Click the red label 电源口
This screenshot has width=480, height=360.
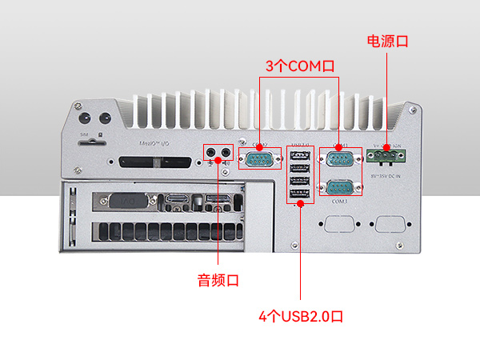click(x=387, y=40)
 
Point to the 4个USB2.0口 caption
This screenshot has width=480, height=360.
click(x=301, y=316)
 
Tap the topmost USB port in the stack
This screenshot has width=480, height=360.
click(x=299, y=156)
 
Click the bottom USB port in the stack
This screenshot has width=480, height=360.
click(x=299, y=194)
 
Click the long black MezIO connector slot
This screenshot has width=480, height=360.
click(x=156, y=162)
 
